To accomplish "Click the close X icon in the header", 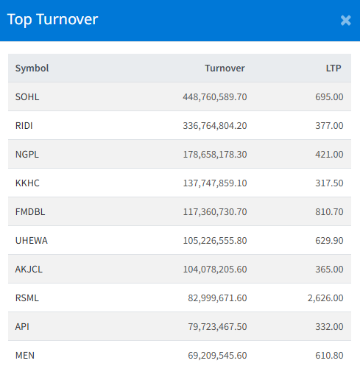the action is (346, 21).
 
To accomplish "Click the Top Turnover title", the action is (52, 20).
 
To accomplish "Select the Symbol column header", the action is (32, 68).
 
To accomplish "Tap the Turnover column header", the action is (225, 68).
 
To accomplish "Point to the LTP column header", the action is (333, 68).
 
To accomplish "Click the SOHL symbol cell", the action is (27, 96).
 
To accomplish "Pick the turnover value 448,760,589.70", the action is (215, 96).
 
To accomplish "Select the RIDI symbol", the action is (24, 125).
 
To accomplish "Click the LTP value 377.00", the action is (329, 125).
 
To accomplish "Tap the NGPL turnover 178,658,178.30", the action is (215, 154).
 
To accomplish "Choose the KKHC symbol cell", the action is (27, 183).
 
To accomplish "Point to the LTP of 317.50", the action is (329, 183).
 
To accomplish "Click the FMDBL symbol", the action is (30, 211).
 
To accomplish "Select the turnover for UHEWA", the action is (215, 240).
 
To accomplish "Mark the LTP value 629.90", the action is (329, 240).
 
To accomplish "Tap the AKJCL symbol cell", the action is (29, 269).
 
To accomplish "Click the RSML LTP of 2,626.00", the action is (325, 298).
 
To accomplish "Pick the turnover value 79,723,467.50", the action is (217, 326).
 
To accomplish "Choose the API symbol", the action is (22, 326).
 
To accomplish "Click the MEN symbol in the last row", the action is (25, 355).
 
